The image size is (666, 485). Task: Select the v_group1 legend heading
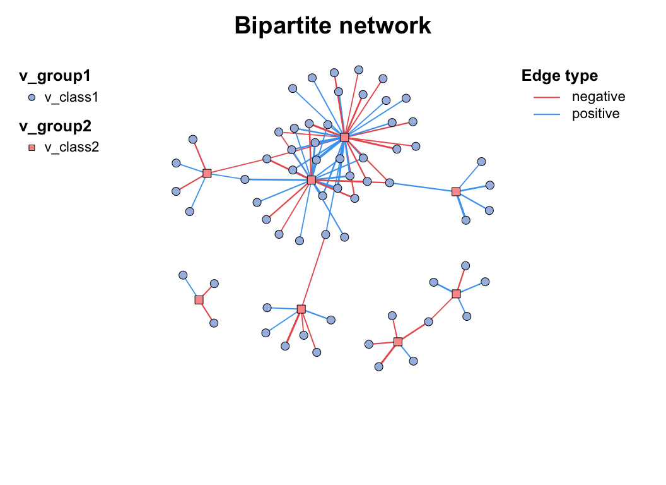point(55,76)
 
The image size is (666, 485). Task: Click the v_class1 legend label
point(71,97)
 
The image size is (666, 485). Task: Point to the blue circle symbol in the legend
point(32,97)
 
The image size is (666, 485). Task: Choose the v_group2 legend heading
point(55,126)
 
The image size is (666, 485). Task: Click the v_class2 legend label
point(71,148)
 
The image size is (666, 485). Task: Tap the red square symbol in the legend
point(32,148)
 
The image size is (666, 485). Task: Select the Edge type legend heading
point(559,76)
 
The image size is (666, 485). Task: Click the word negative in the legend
point(598,97)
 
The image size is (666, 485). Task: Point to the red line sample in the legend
point(547,97)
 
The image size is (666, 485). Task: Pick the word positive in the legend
point(595,114)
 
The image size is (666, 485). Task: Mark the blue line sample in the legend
point(547,114)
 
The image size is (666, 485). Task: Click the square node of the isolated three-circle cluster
point(199,300)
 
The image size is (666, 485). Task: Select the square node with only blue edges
point(456,191)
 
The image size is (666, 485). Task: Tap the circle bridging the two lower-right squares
point(429,322)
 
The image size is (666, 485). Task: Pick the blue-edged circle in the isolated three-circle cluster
point(183,275)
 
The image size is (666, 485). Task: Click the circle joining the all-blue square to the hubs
point(390,183)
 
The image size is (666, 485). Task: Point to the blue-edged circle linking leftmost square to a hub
point(245,179)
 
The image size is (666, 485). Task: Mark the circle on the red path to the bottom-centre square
point(325,234)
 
